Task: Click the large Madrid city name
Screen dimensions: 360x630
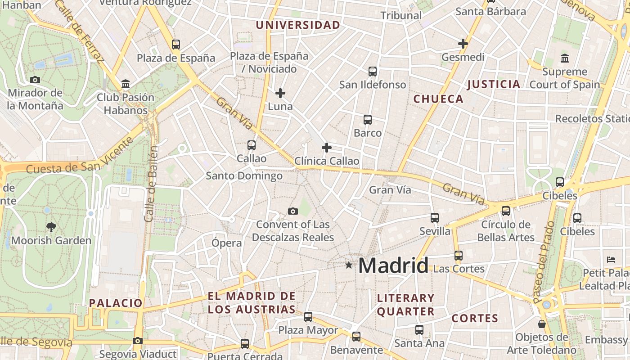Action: (393, 265)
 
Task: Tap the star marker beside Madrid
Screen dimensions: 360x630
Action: (349, 265)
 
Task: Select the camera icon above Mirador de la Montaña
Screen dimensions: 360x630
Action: (35, 80)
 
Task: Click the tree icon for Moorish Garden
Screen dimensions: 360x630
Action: (51, 227)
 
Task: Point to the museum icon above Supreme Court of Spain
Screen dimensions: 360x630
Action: (565, 58)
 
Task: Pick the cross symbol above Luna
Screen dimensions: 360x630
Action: (280, 93)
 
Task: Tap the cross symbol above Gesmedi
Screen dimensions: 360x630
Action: (463, 44)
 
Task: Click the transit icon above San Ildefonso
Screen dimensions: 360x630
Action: (373, 72)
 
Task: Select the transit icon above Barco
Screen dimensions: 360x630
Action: (368, 120)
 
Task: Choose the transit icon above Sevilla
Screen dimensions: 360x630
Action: (435, 218)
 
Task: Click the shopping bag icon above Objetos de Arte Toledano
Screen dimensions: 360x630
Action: (542, 324)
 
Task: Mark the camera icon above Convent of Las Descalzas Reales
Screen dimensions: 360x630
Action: (293, 211)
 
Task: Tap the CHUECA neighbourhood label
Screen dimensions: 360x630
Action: (438, 99)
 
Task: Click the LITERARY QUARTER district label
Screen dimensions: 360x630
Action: (405, 305)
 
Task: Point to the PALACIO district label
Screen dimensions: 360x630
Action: (116, 303)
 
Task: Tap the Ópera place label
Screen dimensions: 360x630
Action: (227, 243)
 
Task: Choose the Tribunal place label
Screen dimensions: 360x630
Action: (401, 15)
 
